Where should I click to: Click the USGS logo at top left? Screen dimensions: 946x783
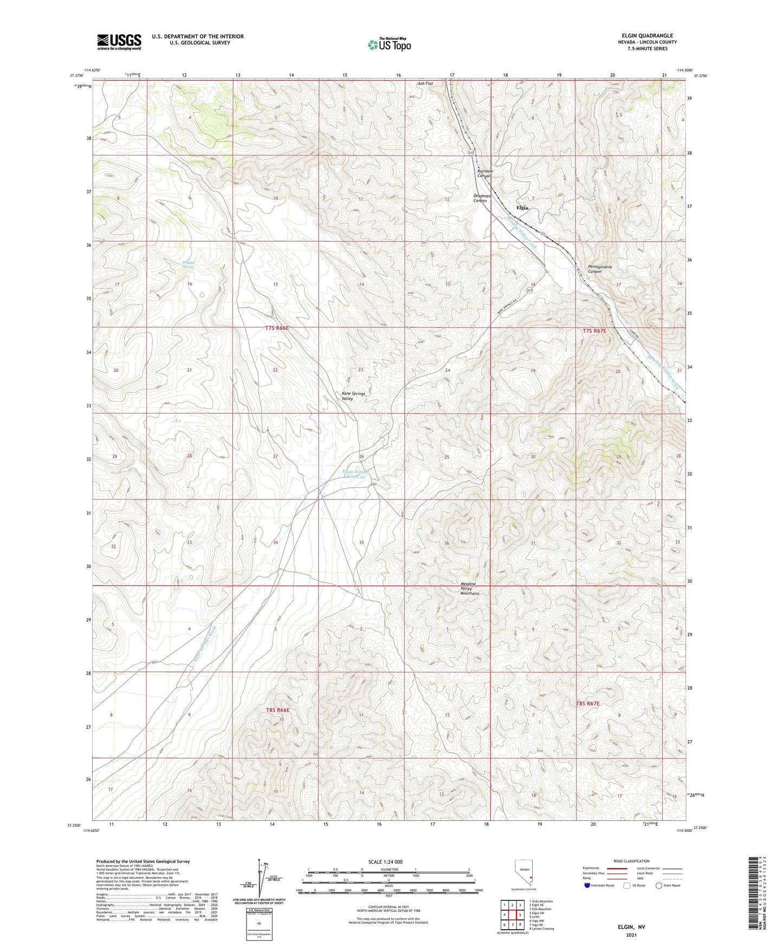(x=119, y=42)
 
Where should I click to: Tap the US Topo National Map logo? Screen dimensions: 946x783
(x=389, y=44)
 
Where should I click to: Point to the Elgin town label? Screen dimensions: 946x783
(x=522, y=208)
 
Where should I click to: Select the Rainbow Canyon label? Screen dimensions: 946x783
(x=484, y=173)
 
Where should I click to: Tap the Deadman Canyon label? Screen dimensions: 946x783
(x=482, y=198)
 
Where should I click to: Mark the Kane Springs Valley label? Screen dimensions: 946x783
(x=353, y=396)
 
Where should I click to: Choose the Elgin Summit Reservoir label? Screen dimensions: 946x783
(x=354, y=474)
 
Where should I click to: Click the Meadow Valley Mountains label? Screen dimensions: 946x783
(x=469, y=588)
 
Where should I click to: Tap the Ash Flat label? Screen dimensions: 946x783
(x=425, y=83)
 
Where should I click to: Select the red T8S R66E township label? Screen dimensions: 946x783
(x=278, y=709)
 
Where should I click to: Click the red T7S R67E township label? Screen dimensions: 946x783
(x=594, y=331)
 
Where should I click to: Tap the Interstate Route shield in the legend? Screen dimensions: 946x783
(x=588, y=885)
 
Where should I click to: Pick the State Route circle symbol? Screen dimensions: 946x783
(x=658, y=885)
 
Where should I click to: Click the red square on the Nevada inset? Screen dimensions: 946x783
(x=531, y=878)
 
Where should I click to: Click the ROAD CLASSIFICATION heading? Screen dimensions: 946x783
(x=632, y=861)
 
